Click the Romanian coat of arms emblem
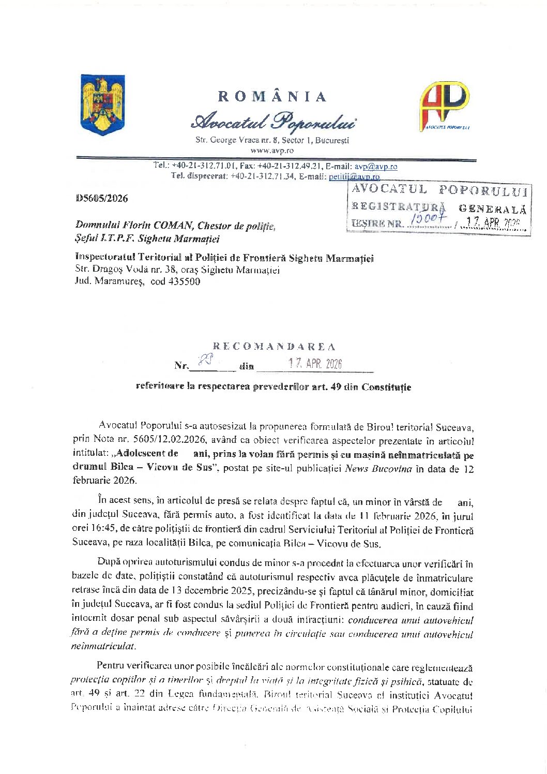(x=103, y=105)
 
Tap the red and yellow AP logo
(x=444, y=106)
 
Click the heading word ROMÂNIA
(x=272, y=97)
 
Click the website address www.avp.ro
(x=272, y=151)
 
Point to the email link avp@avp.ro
(x=376, y=167)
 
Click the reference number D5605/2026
(x=102, y=198)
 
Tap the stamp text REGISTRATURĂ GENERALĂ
(x=439, y=207)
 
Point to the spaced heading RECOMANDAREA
(x=274, y=347)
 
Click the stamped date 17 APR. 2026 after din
(x=315, y=364)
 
